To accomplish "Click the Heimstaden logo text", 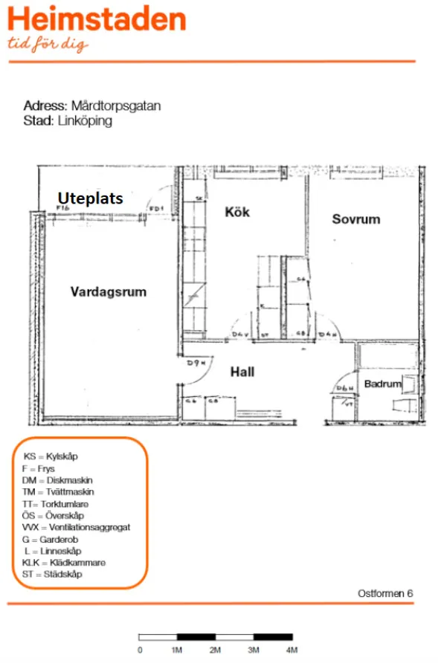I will (97, 19).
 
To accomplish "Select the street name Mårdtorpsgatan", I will (115, 106).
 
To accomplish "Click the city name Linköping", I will (84, 120).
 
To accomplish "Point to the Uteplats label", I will (90, 198).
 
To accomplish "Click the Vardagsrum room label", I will (109, 292).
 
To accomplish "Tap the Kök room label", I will (237, 212).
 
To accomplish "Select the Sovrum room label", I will (355, 219).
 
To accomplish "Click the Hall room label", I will (242, 371).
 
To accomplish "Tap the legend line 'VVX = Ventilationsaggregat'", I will (76, 527).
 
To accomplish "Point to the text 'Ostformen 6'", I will (384, 593).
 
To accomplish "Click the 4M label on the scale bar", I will (292, 650).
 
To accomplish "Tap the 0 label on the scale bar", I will (140, 650).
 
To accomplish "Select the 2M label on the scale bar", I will (215, 650).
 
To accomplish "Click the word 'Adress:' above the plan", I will (46, 106).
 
